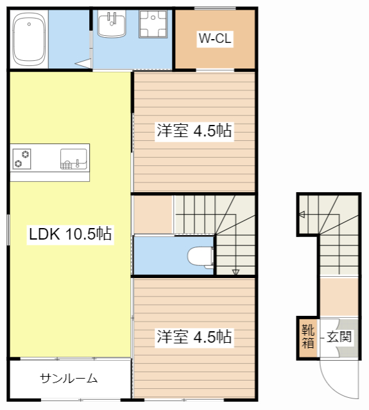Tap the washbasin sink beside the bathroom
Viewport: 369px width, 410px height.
coord(113,25)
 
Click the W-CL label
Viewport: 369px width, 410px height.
coord(214,39)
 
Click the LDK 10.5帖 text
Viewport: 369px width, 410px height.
coord(71,234)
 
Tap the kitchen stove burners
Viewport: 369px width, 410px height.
coord(22,158)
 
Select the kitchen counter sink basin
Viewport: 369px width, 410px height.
coord(73,158)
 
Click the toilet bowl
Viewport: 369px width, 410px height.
coord(201,256)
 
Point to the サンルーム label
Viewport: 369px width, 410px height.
coord(69,379)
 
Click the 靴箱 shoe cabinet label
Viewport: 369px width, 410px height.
coord(308,336)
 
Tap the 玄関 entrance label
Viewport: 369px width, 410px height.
coord(339,336)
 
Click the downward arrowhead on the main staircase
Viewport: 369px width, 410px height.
coord(236,272)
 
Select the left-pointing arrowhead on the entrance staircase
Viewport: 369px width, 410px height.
coord(300,215)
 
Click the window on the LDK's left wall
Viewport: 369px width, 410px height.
coord(8,229)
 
